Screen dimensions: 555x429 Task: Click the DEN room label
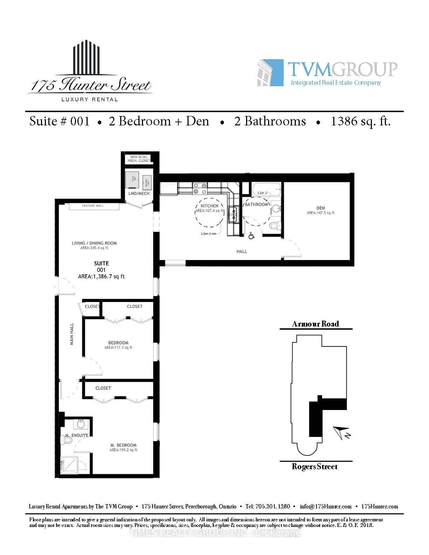pyautogui.click(x=320, y=208)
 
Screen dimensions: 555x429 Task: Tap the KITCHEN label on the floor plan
pyautogui.click(x=210, y=206)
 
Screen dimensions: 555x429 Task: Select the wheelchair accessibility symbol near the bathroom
pyautogui.click(x=251, y=236)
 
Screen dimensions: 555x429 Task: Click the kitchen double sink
pyautogui.click(x=233, y=214)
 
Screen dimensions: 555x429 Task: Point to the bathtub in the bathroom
pyautogui.click(x=266, y=190)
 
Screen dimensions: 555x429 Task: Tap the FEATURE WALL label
pyautogui.click(x=93, y=206)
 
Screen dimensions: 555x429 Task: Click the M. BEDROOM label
pyautogui.click(x=123, y=445)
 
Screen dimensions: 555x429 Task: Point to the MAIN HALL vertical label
pyautogui.click(x=72, y=334)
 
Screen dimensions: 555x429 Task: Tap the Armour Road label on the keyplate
pyautogui.click(x=315, y=324)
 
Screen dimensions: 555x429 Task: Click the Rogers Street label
pyautogui.click(x=315, y=467)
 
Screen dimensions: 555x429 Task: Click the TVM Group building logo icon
pyautogui.click(x=270, y=73)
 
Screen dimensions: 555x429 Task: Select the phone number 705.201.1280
pyautogui.click(x=268, y=506)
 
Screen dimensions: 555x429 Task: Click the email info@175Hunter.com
pyautogui.click(x=326, y=506)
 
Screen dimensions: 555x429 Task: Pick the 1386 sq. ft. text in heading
pyautogui.click(x=361, y=121)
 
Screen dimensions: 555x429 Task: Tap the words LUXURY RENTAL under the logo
pyautogui.click(x=90, y=99)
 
